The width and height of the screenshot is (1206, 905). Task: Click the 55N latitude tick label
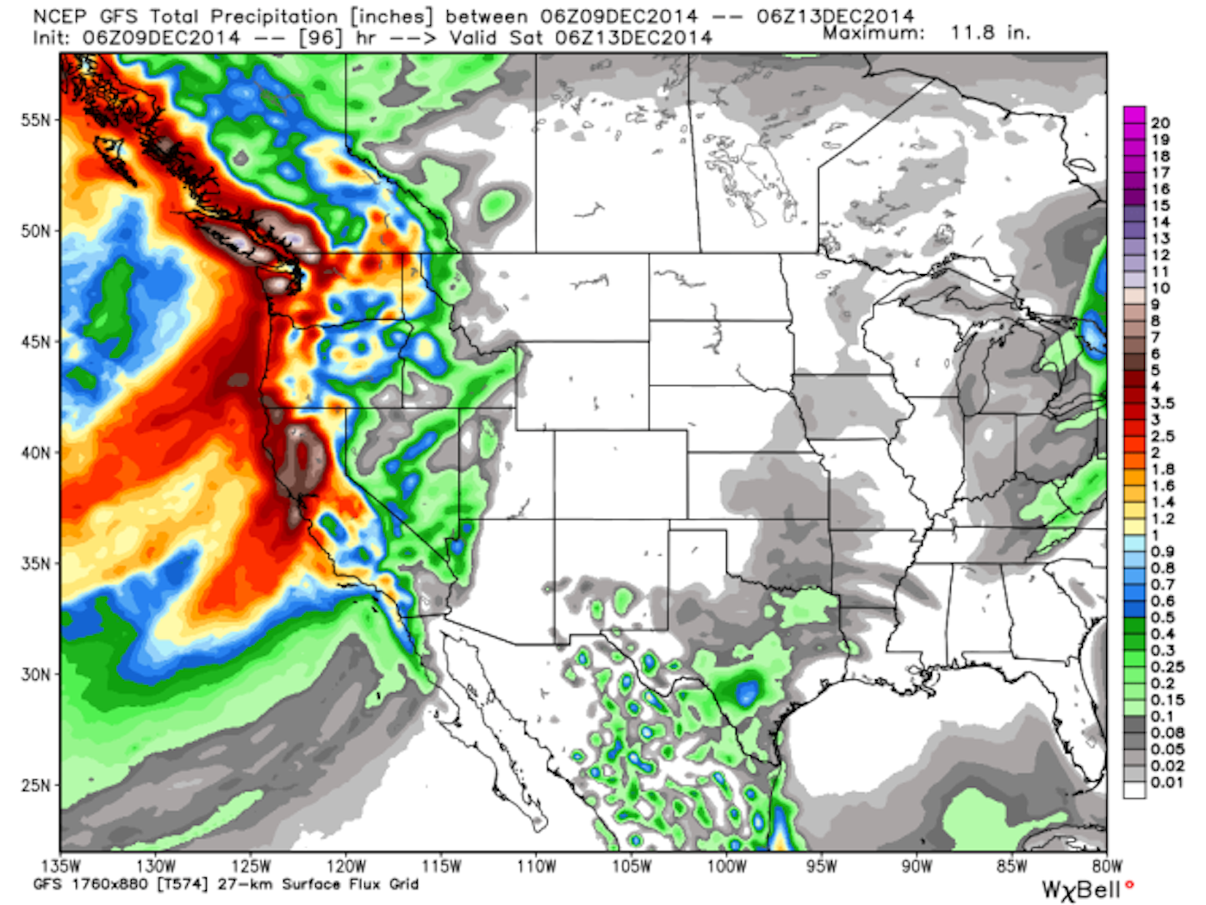coord(35,120)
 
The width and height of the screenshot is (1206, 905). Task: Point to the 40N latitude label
coord(35,452)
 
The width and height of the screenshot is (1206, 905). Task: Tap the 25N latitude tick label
coord(35,785)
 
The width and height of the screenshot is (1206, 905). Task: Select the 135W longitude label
coord(60,866)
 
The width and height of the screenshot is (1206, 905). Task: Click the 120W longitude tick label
coord(345,866)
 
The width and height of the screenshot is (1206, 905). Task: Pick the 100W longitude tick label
coord(726,866)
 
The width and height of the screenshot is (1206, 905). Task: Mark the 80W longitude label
coord(1107,866)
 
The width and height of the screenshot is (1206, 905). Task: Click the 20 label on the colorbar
coord(1159,123)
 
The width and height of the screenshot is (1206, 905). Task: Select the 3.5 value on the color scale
coord(1162,403)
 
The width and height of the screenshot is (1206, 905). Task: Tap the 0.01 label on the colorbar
coord(1166,783)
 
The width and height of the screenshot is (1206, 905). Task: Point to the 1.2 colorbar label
coord(1162,519)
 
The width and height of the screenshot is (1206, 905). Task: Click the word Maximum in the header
coord(873,34)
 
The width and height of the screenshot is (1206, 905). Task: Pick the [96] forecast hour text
coord(320,38)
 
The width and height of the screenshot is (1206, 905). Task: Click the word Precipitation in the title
coord(274,16)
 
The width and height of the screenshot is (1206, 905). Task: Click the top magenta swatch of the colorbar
coord(1135,115)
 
